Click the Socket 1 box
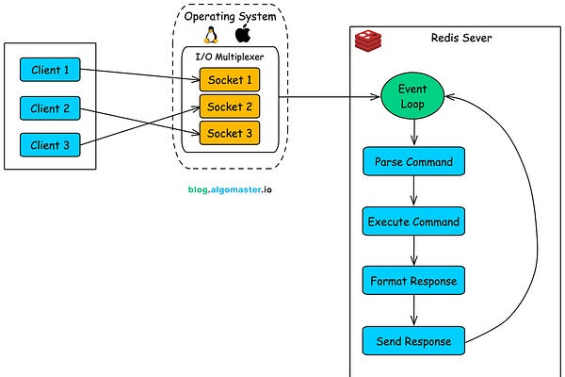pyautogui.click(x=229, y=81)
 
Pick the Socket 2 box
pyautogui.click(x=229, y=107)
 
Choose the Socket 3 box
pyautogui.click(x=229, y=133)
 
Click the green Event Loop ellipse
pyautogui.click(x=412, y=96)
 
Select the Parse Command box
pyautogui.click(x=412, y=161)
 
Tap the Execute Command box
pyautogui.click(x=412, y=221)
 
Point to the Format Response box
pyautogui.click(x=412, y=281)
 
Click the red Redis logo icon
pyautogui.click(x=366, y=41)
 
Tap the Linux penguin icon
pyautogui.click(x=212, y=35)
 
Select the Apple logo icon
pyautogui.click(x=243, y=35)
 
